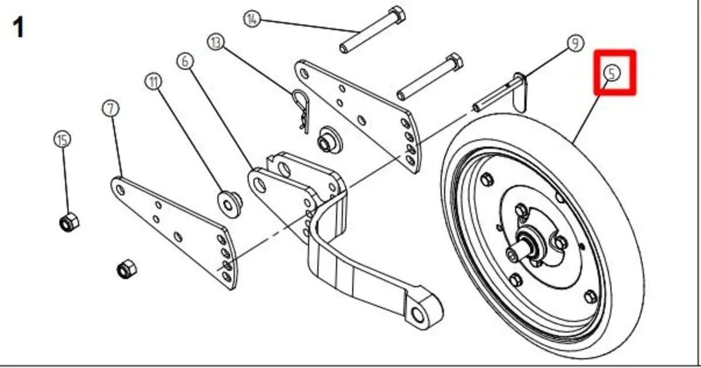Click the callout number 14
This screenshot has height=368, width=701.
(x=252, y=19)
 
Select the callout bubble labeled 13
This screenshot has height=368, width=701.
(x=216, y=42)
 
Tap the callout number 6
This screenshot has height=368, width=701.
(x=185, y=61)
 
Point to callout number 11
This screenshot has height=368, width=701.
(x=153, y=82)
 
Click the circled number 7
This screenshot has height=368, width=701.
(x=110, y=109)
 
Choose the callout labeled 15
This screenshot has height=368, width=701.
(x=63, y=140)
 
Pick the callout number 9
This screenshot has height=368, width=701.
(x=575, y=43)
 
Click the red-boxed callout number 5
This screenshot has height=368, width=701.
(x=612, y=73)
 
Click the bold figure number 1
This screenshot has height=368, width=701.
(x=18, y=27)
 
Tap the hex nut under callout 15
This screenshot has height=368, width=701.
(x=69, y=221)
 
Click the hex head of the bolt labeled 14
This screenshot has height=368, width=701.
(x=397, y=15)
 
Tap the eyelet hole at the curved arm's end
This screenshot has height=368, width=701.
(x=418, y=314)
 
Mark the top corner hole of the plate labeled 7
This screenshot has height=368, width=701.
(x=120, y=190)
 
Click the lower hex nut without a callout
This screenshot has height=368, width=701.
(x=127, y=269)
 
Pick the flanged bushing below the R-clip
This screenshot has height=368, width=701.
(x=329, y=140)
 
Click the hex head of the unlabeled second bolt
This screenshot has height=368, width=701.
(x=454, y=61)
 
